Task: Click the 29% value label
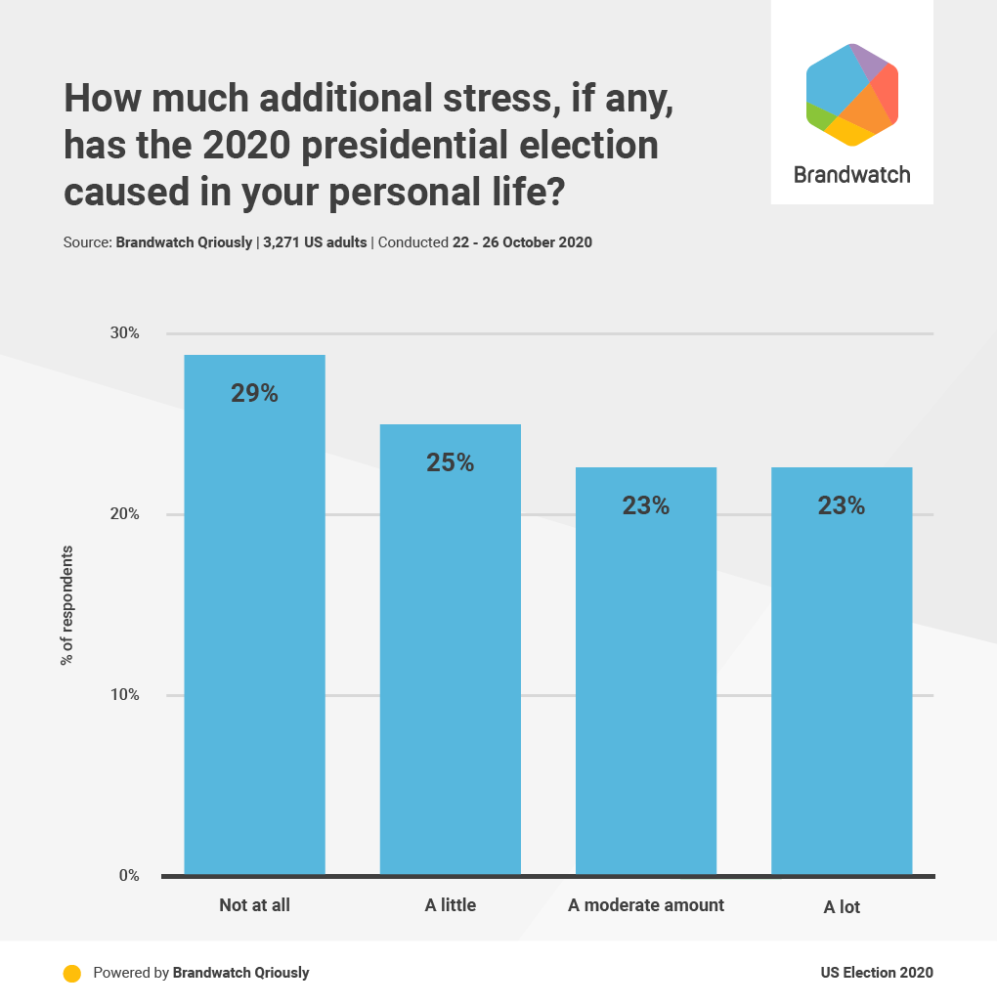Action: [x=254, y=393]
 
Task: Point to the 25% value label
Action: [x=450, y=462]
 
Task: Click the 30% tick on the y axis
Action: [x=124, y=333]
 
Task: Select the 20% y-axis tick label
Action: [x=124, y=514]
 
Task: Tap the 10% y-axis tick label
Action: [x=124, y=695]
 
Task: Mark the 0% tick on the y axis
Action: [x=129, y=876]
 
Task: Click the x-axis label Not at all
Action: [x=254, y=905]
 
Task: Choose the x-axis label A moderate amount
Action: [x=646, y=905]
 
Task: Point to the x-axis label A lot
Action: [x=842, y=907]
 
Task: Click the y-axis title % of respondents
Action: [x=67, y=604]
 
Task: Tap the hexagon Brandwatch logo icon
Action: [x=851, y=94]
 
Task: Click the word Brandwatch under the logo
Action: [x=851, y=175]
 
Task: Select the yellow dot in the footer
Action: [x=71, y=973]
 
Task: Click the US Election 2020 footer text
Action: [x=877, y=973]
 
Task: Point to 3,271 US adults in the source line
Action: [x=315, y=242]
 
